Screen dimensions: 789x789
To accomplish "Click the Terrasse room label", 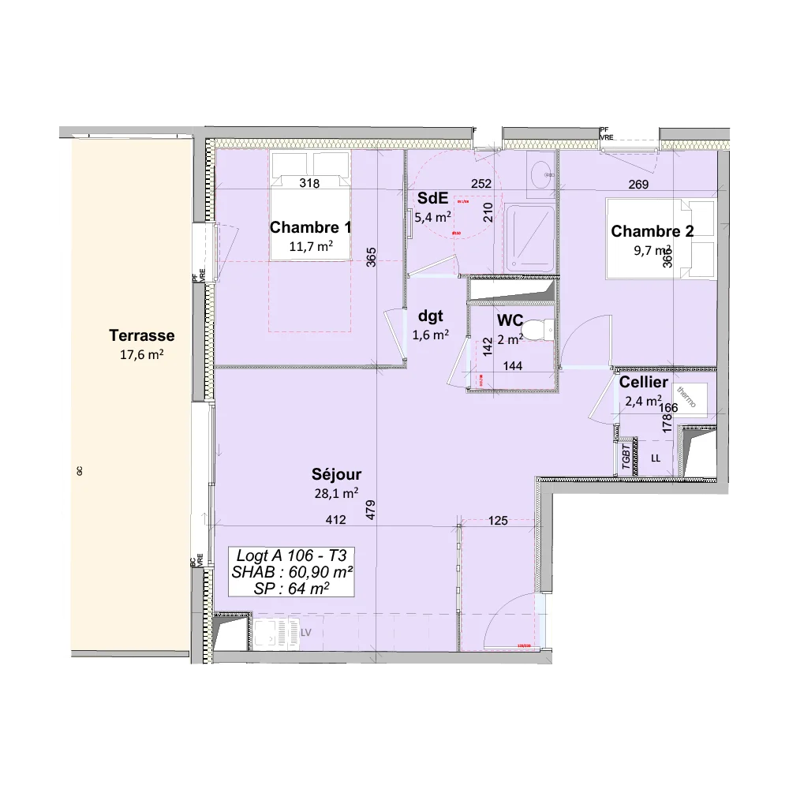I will [142, 335].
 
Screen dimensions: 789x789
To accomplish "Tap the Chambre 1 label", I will [310, 228].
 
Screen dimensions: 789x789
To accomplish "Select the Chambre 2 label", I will [652, 231].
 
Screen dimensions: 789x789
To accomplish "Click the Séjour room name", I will [336, 474].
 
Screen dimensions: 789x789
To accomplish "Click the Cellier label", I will [644, 383].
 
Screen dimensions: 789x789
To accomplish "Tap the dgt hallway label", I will [430, 316].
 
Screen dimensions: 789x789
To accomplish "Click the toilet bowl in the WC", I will [538, 330].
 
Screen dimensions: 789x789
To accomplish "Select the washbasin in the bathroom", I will [541, 175].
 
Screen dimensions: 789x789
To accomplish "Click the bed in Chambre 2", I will [660, 238].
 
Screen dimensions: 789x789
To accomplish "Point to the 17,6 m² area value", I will [142, 355].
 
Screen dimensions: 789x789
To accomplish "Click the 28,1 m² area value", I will [336, 494].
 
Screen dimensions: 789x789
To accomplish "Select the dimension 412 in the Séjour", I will [337, 520].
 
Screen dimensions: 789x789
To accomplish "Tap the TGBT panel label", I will [626, 457].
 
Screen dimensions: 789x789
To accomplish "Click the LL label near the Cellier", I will [656, 458].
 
